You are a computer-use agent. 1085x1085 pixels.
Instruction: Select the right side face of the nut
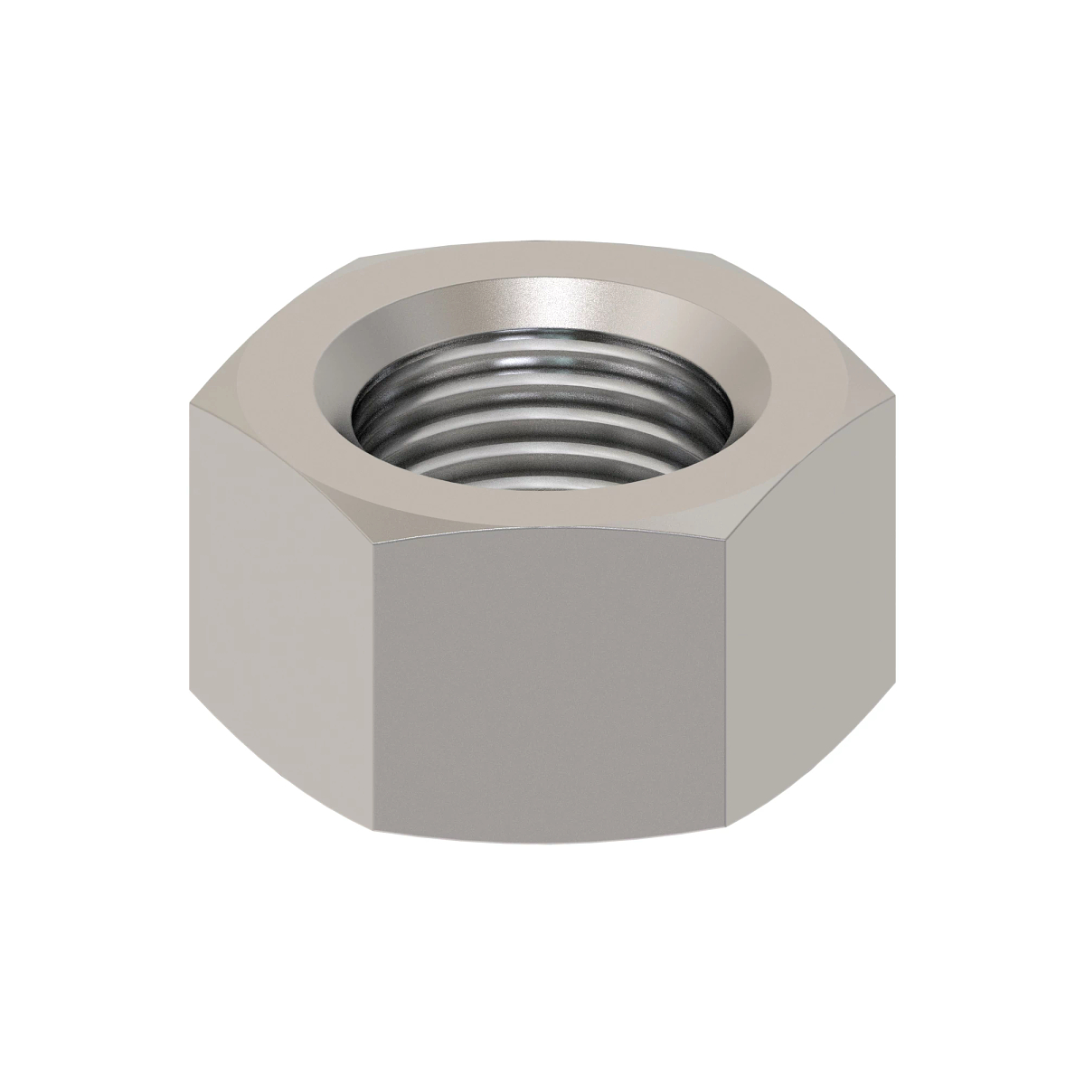[809, 624]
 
